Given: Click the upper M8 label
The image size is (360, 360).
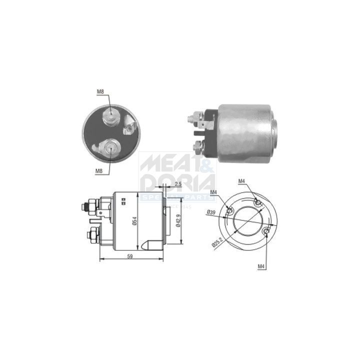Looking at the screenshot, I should pyautogui.click(x=100, y=91).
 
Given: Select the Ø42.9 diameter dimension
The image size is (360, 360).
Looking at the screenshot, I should pyautogui.click(x=177, y=218).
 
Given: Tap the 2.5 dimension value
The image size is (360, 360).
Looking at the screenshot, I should pyautogui.click(x=178, y=184).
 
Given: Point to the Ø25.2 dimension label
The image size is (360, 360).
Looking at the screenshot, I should pyautogui.click(x=216, y=241).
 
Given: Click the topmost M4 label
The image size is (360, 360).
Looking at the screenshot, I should pyautogui.click(x=241, y=180).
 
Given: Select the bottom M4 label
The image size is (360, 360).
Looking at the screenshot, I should pyautogui.click(x=261, y=266).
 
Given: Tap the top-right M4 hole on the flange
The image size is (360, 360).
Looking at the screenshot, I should pyautogui.click(x=257, y=202).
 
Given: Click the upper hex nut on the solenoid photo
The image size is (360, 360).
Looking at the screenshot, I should pyautogui.click(x=191, y=119).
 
